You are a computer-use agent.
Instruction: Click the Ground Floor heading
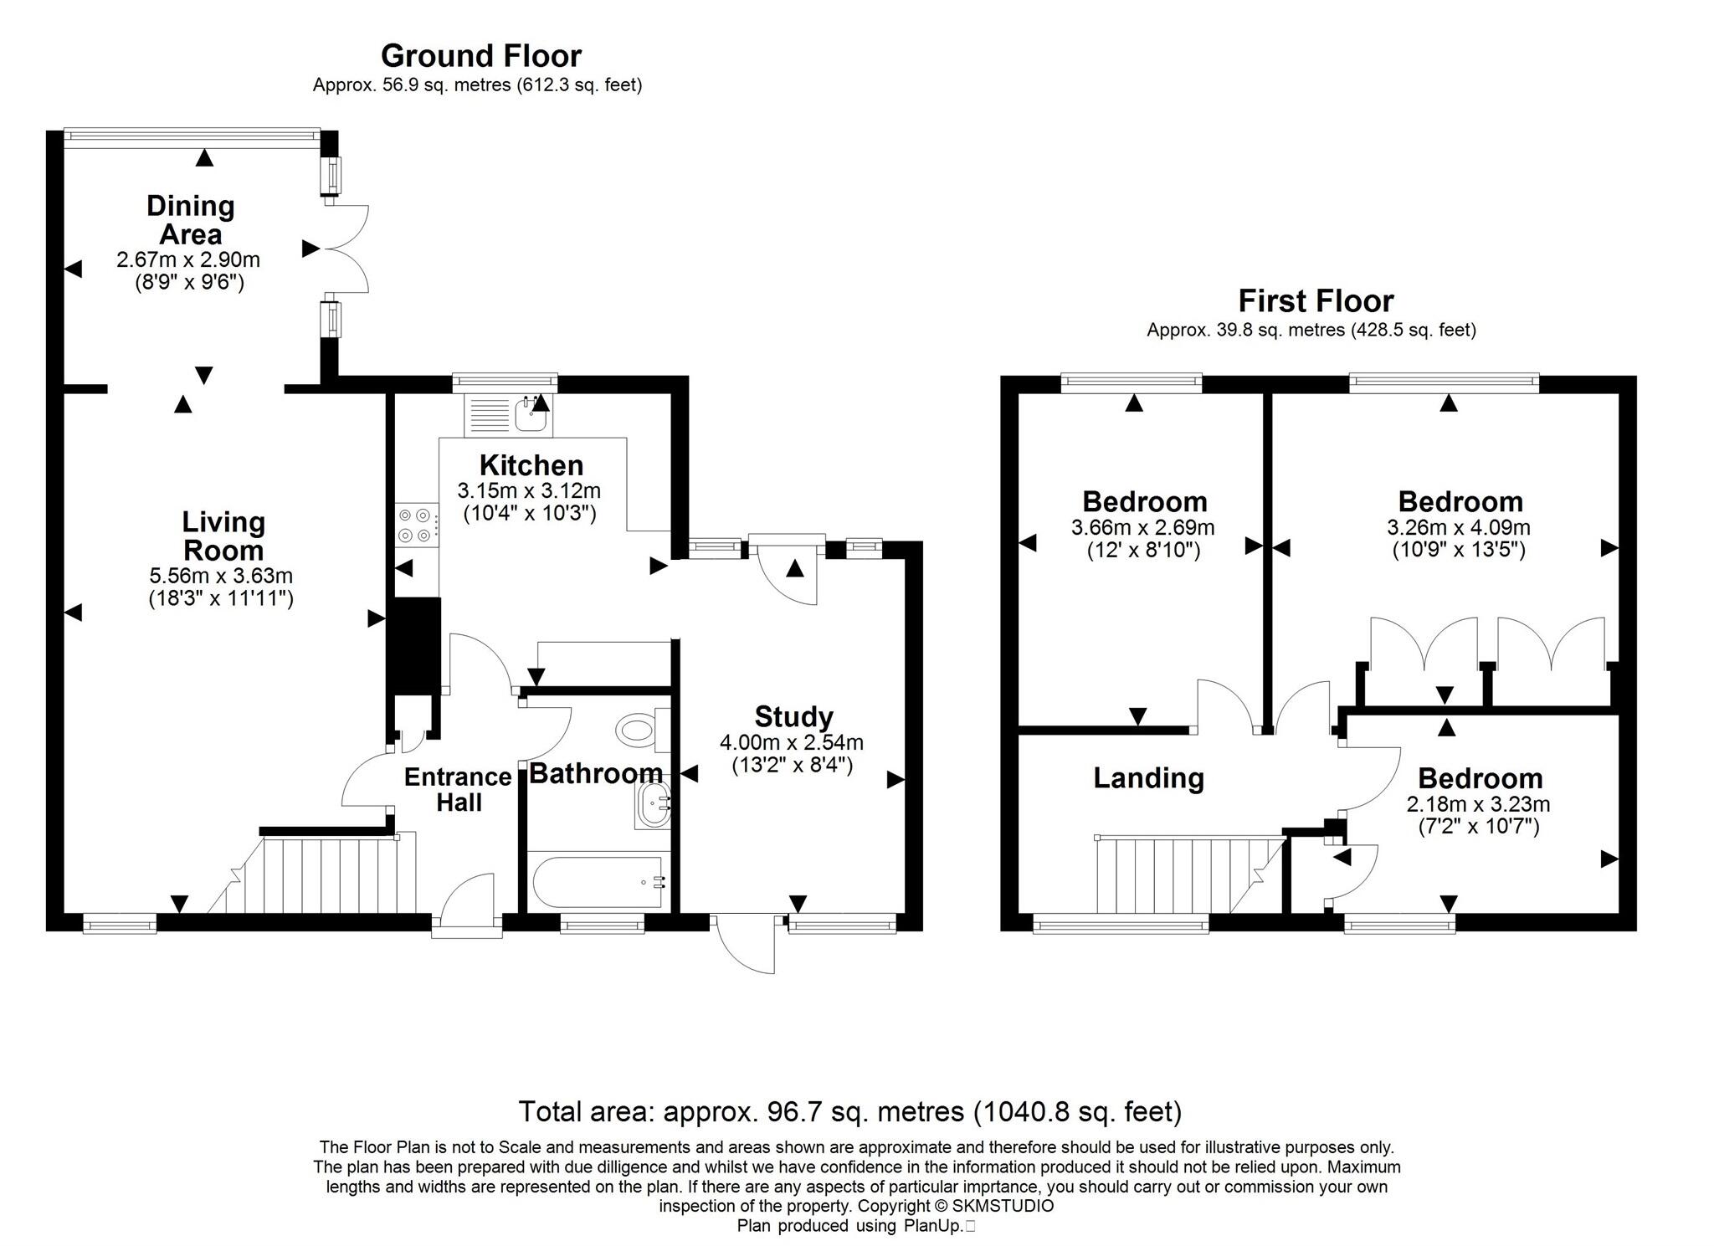coord(480,56)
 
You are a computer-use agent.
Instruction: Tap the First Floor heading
coord(1316,301)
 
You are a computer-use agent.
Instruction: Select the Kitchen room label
coord(531,465)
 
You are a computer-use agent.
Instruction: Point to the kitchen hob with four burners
coord(416,525)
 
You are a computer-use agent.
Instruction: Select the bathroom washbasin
coord(653,806)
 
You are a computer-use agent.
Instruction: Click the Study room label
coord(793,717)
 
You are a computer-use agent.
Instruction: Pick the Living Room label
coord(223,536)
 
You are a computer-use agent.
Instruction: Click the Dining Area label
coord(190,219)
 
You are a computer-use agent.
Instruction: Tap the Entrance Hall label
coord(458,789)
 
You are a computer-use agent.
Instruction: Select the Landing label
coord(1148,778)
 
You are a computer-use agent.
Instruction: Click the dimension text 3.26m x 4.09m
coord(1459,528)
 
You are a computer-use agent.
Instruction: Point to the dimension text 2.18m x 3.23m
coord(1478,805)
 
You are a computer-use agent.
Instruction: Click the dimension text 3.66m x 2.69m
coord(1142,528)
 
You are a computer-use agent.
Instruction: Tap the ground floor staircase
coord(326,875)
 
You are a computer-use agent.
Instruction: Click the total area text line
coord(849,1111)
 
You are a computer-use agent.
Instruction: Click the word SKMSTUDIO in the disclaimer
coord(1003,1206)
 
